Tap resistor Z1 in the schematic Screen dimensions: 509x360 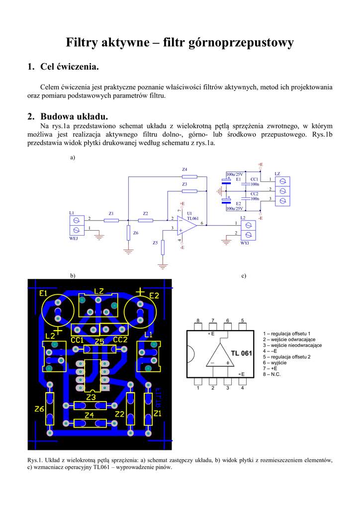[111, 220]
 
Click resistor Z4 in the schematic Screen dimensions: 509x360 [189, 176]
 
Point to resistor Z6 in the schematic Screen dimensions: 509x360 [128, 233]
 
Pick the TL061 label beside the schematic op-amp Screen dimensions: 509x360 [193, 219]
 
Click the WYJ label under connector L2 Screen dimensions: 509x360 [245, 244]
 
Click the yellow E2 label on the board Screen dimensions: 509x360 [154, 296]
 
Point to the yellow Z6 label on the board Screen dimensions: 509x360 [39, 409]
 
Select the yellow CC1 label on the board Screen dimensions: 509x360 [77, 339]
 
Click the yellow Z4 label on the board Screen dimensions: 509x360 [89, 415]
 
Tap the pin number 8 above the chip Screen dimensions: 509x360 [198, 321]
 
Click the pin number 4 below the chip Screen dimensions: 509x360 [243, 388]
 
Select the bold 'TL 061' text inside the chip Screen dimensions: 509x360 [242, 353]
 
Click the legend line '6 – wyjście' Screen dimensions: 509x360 [278, 363]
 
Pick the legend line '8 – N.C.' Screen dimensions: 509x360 [272, 374]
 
